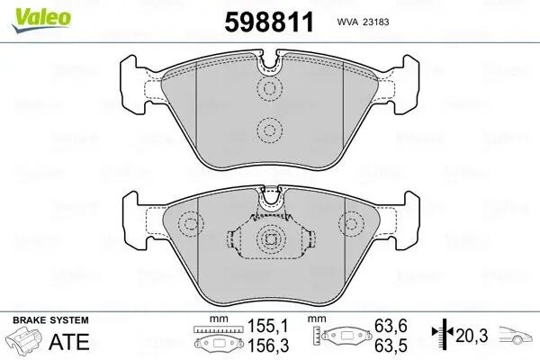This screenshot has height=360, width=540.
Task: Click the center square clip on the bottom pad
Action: [x=269, y=239]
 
